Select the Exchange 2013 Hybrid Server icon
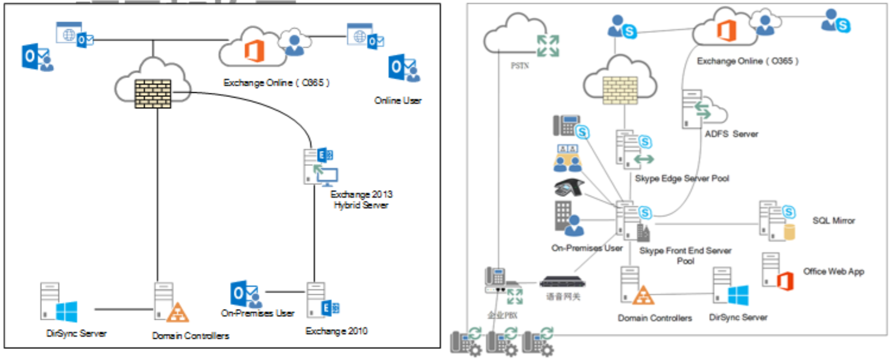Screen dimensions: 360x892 pos(320,166)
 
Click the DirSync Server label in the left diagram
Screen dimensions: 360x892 pos(76,333)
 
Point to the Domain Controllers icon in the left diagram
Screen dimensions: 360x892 pos(170,303)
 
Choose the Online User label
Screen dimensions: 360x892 pos(398,101)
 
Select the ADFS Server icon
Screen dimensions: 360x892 pos(703,110)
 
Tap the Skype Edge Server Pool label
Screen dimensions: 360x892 pos(682,179)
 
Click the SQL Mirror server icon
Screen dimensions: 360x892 pos(776,221)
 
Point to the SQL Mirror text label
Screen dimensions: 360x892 pos(833,221)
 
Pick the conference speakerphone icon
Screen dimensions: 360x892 pos(568,188)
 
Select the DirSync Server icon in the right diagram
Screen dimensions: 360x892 pos(730,286)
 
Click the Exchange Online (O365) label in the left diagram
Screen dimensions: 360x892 pos(276,83)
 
